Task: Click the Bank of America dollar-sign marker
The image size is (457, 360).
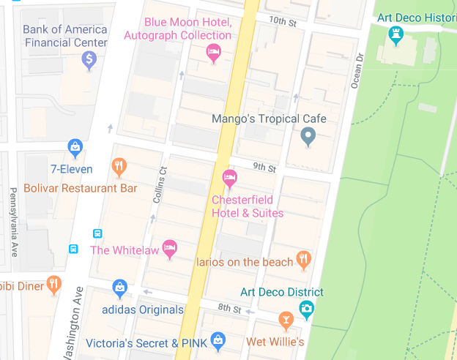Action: [89, 59]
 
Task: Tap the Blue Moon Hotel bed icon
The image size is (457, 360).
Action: [213, 52]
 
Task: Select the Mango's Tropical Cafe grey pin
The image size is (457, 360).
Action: [308, 135]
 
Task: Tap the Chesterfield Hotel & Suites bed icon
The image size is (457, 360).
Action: [229, 178]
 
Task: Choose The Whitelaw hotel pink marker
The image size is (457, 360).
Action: [170, 249]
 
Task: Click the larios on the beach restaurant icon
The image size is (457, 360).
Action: [304, 260]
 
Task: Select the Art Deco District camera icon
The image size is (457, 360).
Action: [307, 309]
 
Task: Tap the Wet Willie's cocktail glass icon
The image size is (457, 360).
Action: [286, 320]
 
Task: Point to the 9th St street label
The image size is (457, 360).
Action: [263, 168]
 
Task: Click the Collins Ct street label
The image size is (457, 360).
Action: [162, 184]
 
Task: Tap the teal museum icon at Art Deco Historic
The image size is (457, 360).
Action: [396, 34]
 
